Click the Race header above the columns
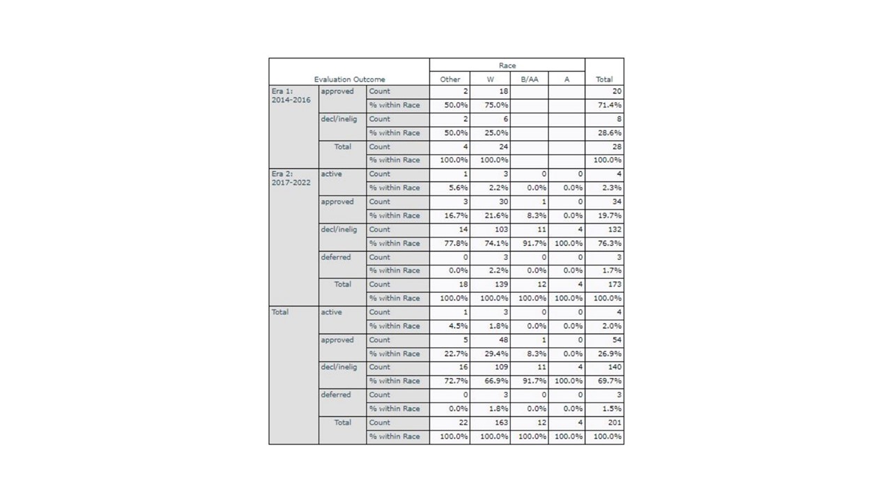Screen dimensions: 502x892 pyautogui.click(x=507, y=66)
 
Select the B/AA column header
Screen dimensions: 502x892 pyautogui.click(x=529, y=79)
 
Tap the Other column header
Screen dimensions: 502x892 pyautogui.click(x=449, y=79)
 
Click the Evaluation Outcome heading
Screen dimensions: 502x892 pyautogui.click(x=349, y=79)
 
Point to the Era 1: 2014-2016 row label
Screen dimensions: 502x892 pyautogui.click(x=292, y=96)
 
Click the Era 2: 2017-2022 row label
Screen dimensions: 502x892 pyautogui.click(x=292, y=178)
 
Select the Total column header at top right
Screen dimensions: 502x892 pyautogui.click(x=603, y=79)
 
